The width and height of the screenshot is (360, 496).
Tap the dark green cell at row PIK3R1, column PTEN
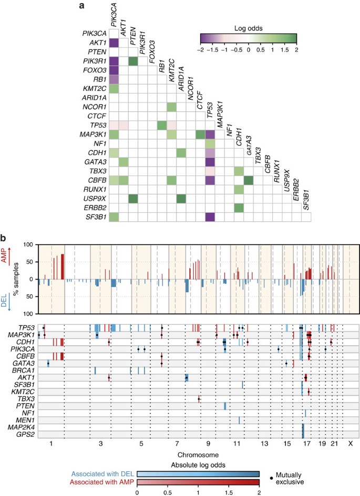tap(133, 62)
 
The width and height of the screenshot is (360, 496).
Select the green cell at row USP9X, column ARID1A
tap(181, 198)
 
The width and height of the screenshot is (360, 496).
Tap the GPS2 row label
tap(26, 435)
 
